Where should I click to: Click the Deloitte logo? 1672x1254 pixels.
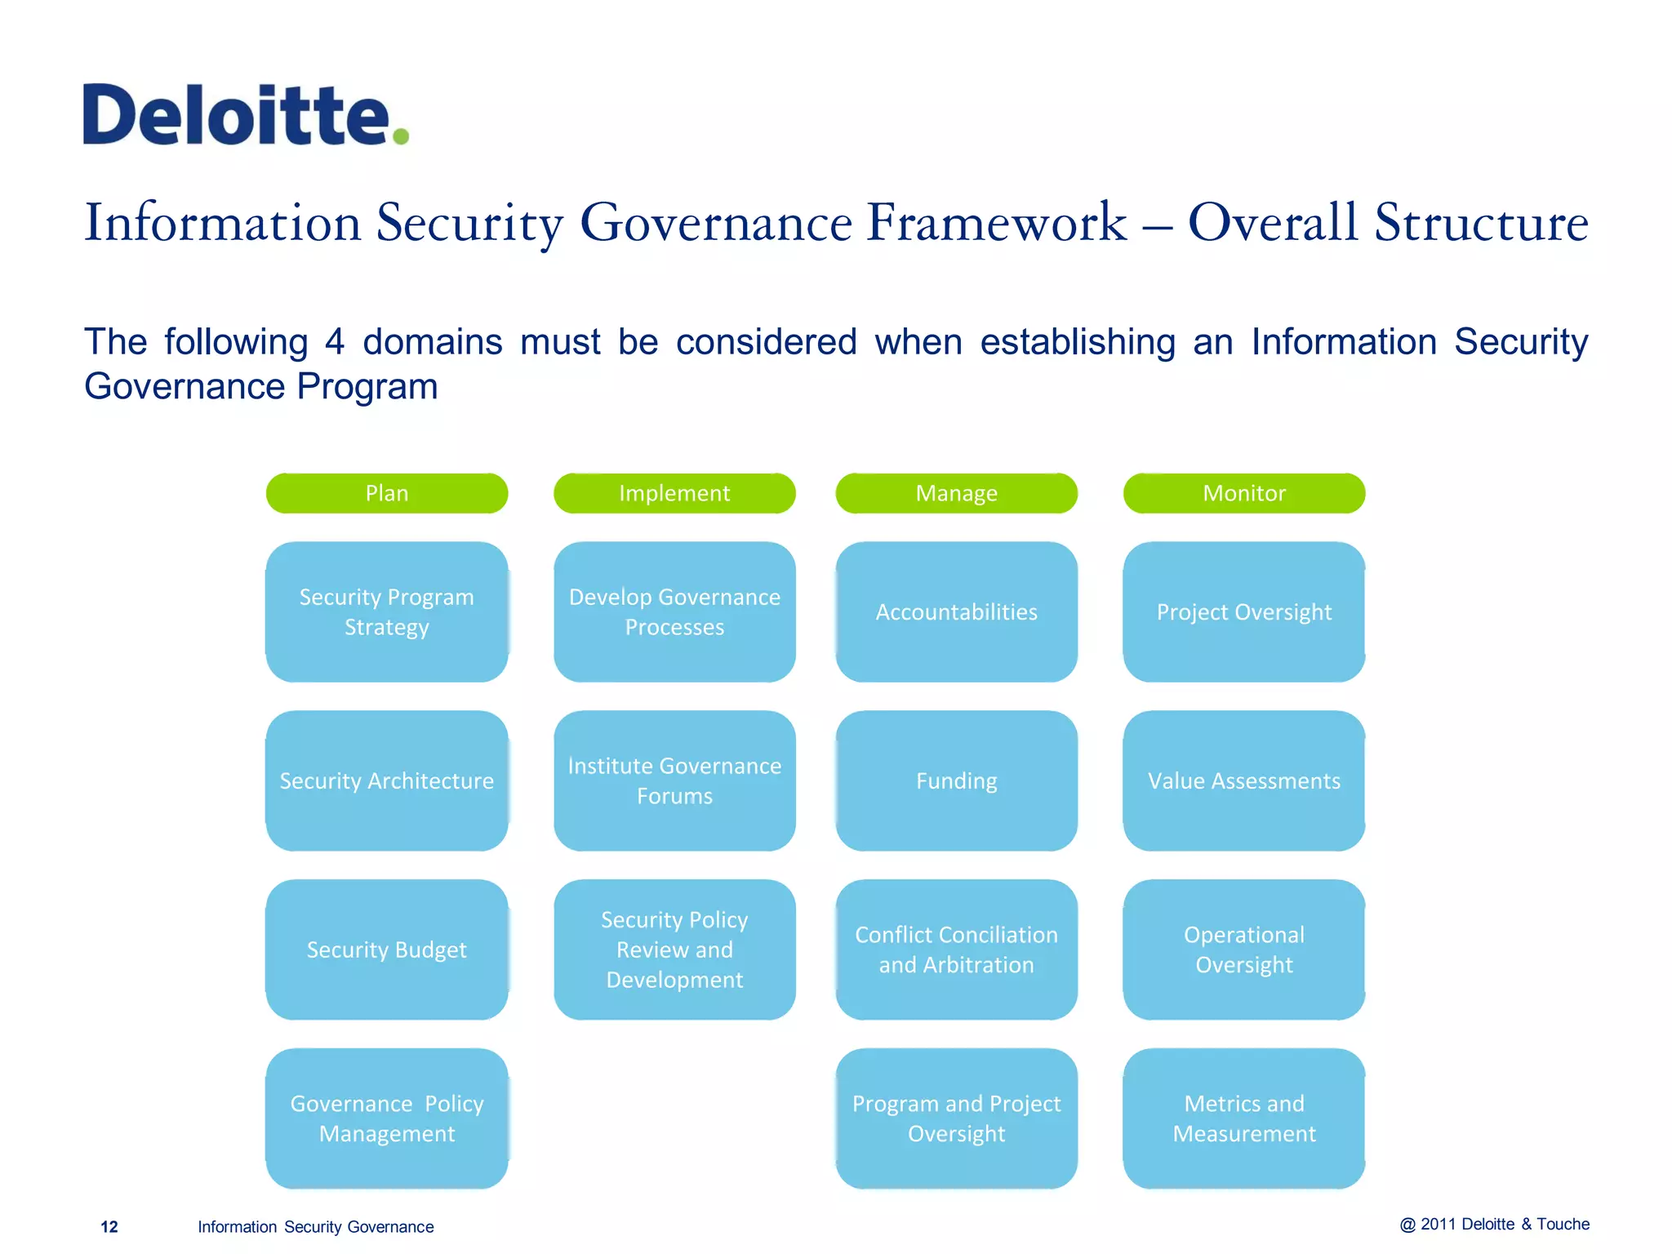(245, 115)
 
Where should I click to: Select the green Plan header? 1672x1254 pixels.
(386, 493)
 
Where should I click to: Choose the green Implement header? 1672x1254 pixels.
(674, 493)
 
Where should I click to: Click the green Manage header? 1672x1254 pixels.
(956, 493)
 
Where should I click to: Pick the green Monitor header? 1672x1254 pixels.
(1243, 493)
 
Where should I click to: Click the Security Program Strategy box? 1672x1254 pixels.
(386, 611)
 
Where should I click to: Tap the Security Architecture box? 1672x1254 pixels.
(386, 780)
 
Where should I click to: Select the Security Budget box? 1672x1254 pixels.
(386, 949)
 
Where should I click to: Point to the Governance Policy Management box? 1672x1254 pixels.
(386, 1118)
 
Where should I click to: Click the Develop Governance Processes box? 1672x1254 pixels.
(674, 611)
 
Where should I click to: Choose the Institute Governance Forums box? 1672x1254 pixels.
(674, 780)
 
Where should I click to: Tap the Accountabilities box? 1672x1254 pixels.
(956, 611)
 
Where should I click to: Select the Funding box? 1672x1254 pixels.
(956, 780)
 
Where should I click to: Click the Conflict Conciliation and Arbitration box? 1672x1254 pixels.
(956, 949)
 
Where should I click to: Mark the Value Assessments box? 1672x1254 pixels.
(1243, 780)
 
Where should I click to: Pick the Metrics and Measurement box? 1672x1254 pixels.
(1243, 1118)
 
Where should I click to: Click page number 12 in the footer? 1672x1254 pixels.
(109, 1227)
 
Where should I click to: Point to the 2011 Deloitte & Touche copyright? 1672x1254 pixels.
(1494, 1224)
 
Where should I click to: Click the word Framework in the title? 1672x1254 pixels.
(997, 222)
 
